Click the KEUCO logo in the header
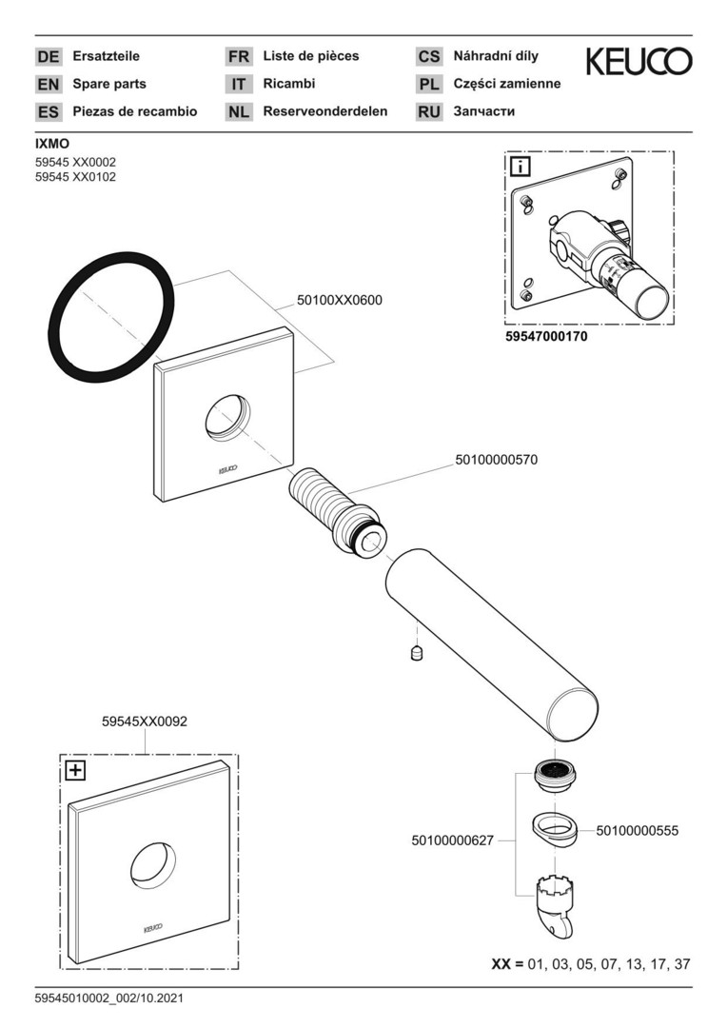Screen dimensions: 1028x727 click(639, 62)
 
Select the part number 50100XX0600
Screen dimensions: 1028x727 click(340, 300)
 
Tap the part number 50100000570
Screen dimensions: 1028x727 click(496, 460)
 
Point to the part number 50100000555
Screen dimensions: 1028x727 click(638, 831)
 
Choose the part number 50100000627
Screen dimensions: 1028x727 click(453, 841)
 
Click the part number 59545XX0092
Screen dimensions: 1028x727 click(145, 722)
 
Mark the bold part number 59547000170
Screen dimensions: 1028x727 click(545, 336)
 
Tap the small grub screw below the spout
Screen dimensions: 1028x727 click(416, 653)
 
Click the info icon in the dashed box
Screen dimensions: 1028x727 click(521, 168)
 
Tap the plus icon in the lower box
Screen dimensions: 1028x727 click(74, 771)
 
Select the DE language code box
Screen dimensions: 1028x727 click(48, 57)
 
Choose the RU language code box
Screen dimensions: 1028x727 click(429, 112)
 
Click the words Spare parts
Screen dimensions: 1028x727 click(109, 84)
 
